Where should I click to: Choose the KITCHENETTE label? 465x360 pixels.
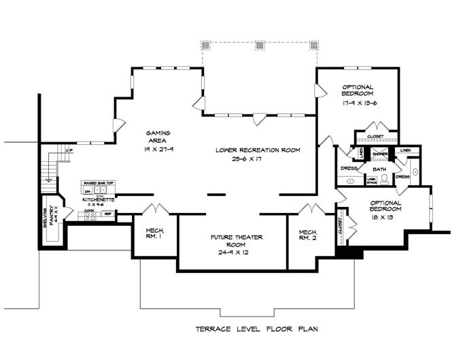(98, 199)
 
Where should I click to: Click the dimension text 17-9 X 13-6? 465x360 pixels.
(360, 106)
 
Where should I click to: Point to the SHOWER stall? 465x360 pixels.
(379, 154)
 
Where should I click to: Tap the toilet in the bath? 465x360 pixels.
(384, 180)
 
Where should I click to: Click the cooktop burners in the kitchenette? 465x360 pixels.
(89, 215)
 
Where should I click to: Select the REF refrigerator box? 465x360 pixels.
(107, 214)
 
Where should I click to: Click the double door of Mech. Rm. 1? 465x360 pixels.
(155, 208)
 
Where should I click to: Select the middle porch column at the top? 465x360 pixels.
(260, 45)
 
